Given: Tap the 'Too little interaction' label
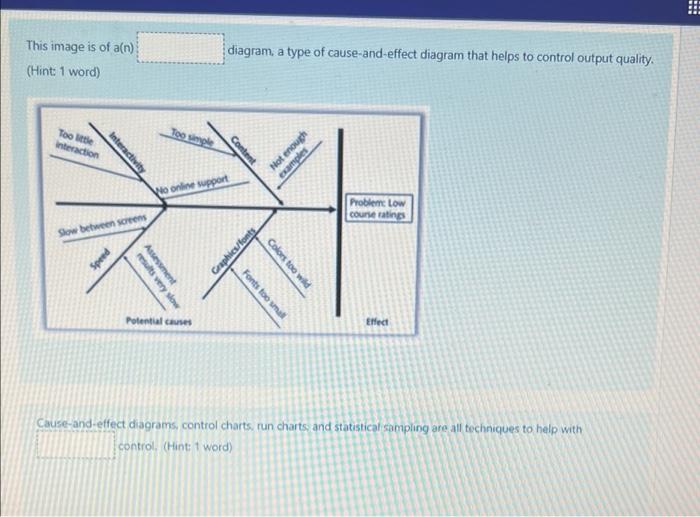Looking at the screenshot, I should click(x=77, y=145).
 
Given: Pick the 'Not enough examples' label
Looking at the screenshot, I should click(x=287, y=150).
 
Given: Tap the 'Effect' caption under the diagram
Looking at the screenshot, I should click(x=377, y=323).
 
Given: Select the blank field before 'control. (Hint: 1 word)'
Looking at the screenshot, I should click(x=76, y=444).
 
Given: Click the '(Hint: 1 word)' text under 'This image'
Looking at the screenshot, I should click(x=63, y=73).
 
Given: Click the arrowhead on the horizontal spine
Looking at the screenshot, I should click(x=331, y=209).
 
